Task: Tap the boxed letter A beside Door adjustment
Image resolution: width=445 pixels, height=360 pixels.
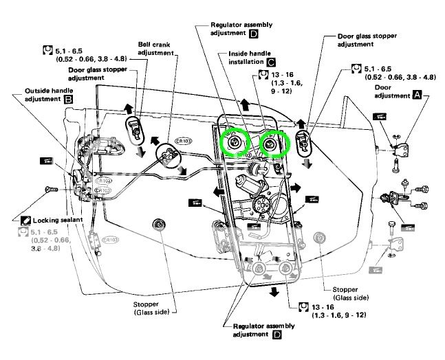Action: tap(417, 98)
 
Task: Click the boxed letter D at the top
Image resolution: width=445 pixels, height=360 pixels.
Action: tap(274, 32)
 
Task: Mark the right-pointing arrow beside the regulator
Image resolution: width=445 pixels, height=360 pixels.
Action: tap(296, 187)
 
